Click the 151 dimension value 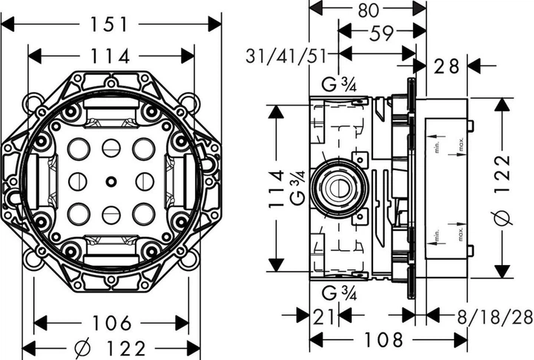click(x=111, y=24)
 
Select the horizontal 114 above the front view click(x=111, y=56)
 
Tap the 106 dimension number click(x=113, y=323)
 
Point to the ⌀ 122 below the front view click(x=113, y=347)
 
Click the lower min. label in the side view click(x=438, y=238)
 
